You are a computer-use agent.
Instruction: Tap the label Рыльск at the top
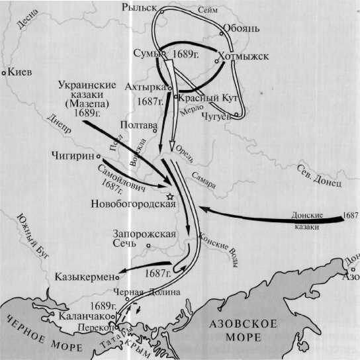click(141, 7)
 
